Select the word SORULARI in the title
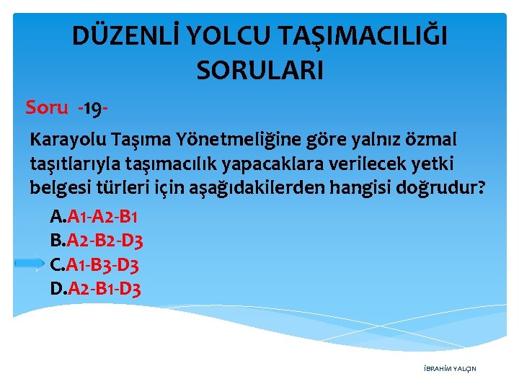[x=259, y=71]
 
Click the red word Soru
[x=47, y=107]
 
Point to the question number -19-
[x=92, y=108]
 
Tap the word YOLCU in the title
[x=231, y=37]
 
